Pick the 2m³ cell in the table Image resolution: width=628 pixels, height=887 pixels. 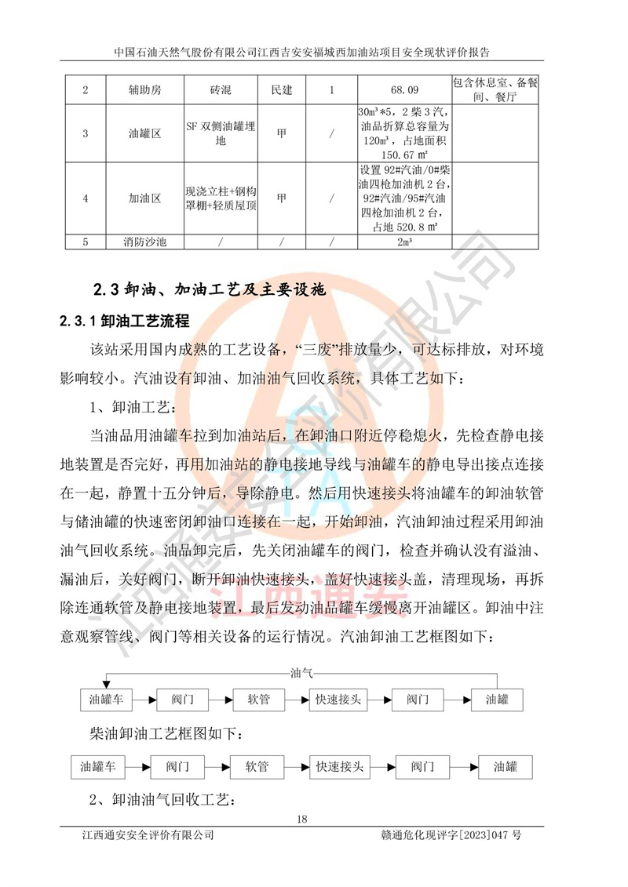[x=403, y=242]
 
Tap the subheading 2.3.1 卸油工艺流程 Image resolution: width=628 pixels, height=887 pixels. [x=125, y=321]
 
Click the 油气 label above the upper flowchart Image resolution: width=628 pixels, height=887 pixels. [x=301, y=672]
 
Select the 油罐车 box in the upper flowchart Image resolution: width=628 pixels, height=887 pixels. [x=107, y=698]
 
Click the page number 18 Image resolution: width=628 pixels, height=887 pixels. [x=302, y=820]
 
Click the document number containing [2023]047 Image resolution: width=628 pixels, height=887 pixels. [x=449, y=835]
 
